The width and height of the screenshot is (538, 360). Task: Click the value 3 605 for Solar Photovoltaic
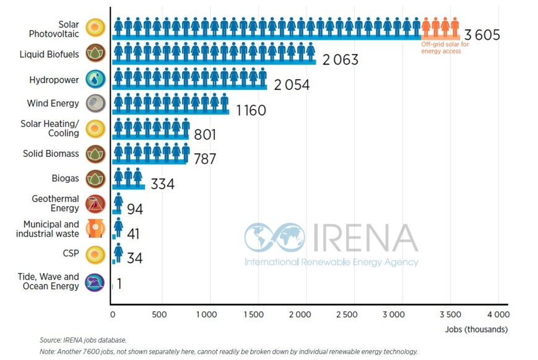[479, 35]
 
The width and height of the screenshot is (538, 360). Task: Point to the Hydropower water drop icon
[95, 79]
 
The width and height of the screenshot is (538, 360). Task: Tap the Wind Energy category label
[53, 103]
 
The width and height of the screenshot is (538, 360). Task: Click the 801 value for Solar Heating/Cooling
[205, 134]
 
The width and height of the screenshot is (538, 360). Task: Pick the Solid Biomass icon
[95, 154]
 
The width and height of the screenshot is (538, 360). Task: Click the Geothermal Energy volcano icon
[95, 204]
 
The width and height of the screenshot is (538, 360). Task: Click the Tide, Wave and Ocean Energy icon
[95, 282]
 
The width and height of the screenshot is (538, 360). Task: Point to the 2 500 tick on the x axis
[347, 315]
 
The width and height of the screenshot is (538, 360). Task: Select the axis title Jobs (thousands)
[476, 330]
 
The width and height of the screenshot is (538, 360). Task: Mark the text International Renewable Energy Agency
[331, 262]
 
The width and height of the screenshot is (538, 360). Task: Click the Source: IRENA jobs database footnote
[83, 340]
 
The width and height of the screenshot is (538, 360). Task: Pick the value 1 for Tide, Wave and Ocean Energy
[119, 283]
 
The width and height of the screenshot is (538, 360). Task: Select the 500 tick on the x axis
[160, 315]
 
